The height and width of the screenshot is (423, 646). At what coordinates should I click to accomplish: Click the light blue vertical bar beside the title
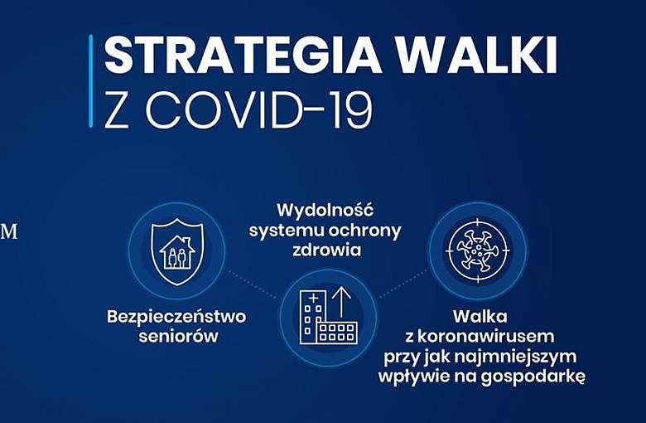pyautogui.click(x=90, y=81)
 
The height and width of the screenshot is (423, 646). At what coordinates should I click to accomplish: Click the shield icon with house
pyautogui.click(x=176, y=250)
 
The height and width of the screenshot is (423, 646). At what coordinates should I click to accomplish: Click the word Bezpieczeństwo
pyautogui.click(x=176, y=317)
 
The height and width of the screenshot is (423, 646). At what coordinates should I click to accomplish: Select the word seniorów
pyautogui.click(x=176, y=336)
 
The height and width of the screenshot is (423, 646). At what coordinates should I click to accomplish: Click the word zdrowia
pyautogui.click(x=325, y=250)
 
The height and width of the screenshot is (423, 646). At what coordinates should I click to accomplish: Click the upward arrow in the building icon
pyautogui.click(x=341, y=301)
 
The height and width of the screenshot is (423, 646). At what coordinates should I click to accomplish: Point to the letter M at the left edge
pyautogui.click(x=9, y=232)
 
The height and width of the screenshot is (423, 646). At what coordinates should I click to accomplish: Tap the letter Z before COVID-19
pyautogui.click(x=117, y=109)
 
